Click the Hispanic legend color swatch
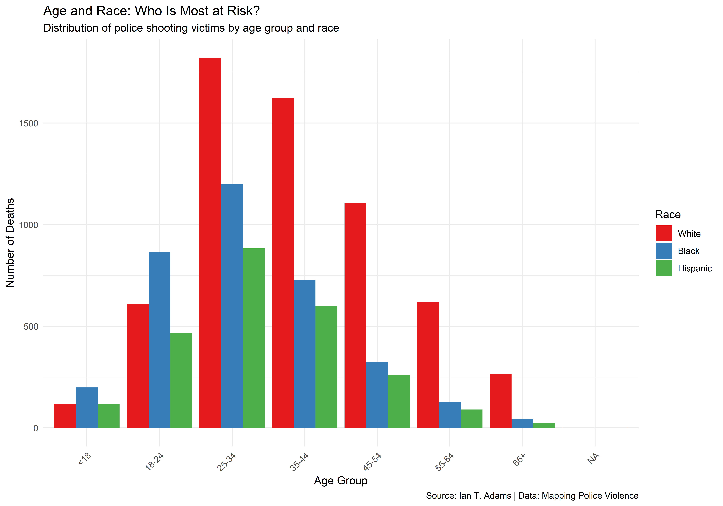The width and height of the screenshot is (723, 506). point(663,268)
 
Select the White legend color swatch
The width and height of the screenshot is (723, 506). point(663,233)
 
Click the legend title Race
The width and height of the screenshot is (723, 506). point(668,214)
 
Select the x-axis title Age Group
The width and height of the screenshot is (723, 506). point(341,481)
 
